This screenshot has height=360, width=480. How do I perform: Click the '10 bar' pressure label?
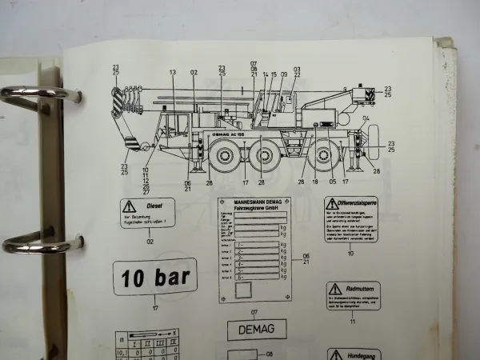pyautogui.click(x=155, y=278)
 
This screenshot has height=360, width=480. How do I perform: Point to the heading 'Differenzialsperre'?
pyautogui.click(x=357, y=203)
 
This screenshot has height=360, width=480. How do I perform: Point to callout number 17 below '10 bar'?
pyautogui.click(x=155, y=304)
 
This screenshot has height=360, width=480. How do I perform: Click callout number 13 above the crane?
pyautogui.click(x=172, y=73)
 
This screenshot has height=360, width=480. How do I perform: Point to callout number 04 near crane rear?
pyautogui.click(x=366, y=118)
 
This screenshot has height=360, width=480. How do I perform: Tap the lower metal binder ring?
pyautogui.click(x=32, y=244)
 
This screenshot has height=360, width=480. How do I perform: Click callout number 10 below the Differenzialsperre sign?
pyautogui.click(x=350, y=253)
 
